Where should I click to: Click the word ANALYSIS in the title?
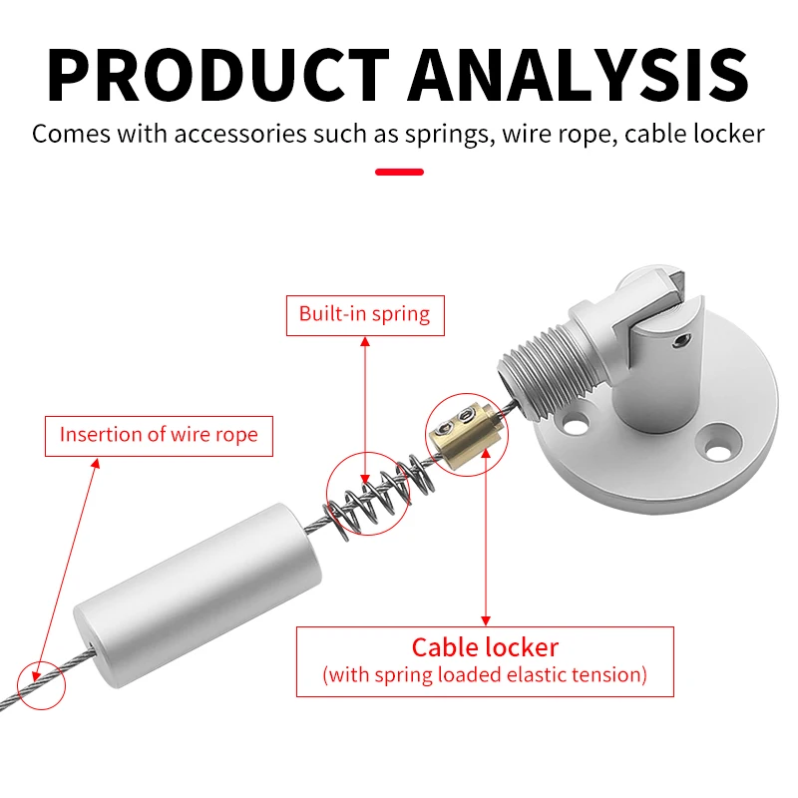pyautogui.click(x=579, y=74)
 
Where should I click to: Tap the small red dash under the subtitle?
pyautogui.click(x=399, y=173)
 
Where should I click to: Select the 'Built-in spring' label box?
pyautogui.click(x=364, y=314)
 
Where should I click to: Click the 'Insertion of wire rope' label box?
pyautogui.click(x=159, y=435)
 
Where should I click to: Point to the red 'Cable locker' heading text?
pyautogui.click(x=485, y=646)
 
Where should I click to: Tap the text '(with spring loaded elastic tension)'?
pyautogui.click(x=485, y=675)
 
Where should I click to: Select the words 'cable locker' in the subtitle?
pyautogui.click(x=694, y=134)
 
